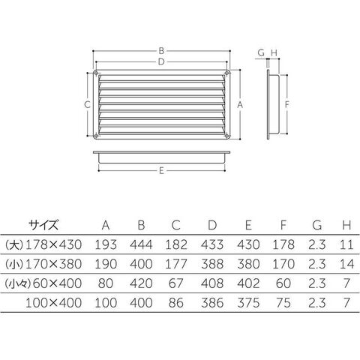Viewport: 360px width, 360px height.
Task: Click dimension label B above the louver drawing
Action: [161, 51]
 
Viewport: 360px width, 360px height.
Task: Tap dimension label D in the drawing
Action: [161, 61]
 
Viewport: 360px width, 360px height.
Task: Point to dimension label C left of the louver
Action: [87, 104]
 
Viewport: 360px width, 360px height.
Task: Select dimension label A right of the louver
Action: [240, 105]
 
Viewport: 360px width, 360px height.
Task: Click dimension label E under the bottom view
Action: [161, 171]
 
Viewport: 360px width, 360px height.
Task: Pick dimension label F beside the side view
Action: [287, 104]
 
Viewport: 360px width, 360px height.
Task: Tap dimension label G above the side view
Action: [261, 52]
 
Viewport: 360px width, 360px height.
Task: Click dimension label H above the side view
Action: [274, 52]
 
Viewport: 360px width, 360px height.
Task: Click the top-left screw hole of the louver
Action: [96, 73]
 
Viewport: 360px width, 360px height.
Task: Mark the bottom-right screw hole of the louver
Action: [227, 136]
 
